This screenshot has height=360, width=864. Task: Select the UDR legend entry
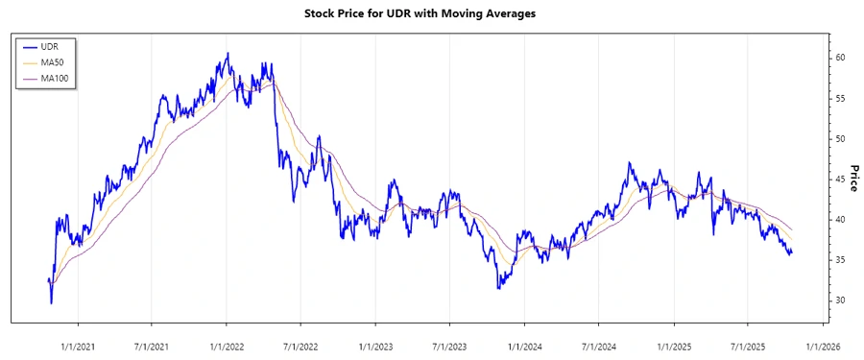click(x=51, y=45)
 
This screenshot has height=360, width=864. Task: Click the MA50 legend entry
click(x=53, y=61)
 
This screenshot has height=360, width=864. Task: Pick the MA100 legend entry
click(x=55, y=78)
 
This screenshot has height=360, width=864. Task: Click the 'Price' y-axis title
click(x=853, y=177)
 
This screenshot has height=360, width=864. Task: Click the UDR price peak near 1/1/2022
click(x=228, y=54)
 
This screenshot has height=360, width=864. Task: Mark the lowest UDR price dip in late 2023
click(x=498, y=287)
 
